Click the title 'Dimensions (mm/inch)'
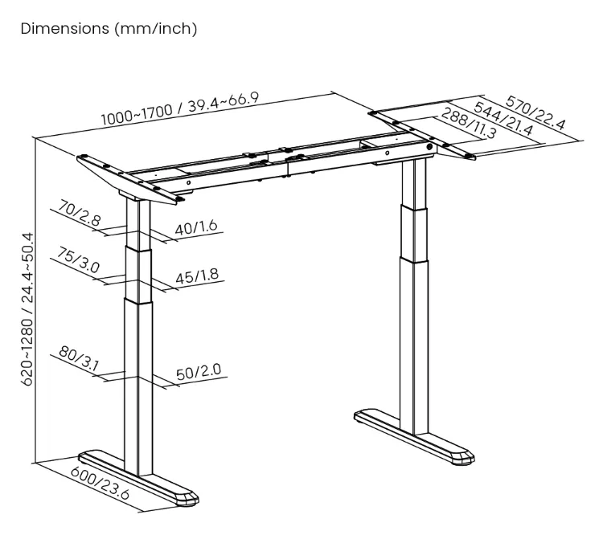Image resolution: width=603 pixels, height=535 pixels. coord(109,29)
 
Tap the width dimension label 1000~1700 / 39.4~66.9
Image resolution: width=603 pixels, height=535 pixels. coord(180,108)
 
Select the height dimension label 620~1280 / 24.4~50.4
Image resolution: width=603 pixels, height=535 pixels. coord(28,309)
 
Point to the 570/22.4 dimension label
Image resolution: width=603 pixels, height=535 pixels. coord(535,113)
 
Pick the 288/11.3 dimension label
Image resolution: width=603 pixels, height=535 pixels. coord(469,123)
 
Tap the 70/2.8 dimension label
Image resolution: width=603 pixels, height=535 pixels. coord(80,213)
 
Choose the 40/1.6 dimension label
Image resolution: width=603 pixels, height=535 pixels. coord(196,227)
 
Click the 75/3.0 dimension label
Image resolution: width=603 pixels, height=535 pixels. coord(79,259)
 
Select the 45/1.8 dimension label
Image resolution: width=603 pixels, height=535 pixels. coord(197,276)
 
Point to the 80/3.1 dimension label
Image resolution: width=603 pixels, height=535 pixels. coord(79,359)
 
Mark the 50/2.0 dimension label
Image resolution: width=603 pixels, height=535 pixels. coord(199,371)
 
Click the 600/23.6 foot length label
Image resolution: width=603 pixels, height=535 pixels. coord(100,483)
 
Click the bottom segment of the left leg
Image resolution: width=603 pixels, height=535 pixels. coord(138,388)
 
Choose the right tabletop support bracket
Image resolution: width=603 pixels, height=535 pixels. coord(422,133)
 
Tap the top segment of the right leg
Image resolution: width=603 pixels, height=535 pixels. coord(414,183)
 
